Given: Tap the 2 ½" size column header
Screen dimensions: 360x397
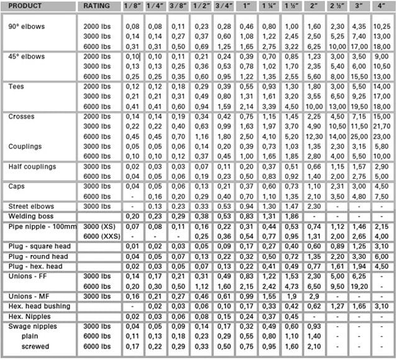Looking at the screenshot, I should click(337, 6).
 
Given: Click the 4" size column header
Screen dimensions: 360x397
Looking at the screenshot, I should click(381, 6).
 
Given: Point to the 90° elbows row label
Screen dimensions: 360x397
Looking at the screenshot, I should click(27, 27).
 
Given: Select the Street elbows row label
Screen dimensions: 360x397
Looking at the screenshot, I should click(31, 206).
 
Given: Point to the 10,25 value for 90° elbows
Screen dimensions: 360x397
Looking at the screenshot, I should click(381, 27).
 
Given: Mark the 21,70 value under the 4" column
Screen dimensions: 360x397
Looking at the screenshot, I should click(381, 127).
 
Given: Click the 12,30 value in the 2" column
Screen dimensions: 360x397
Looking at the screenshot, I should click(314, 137).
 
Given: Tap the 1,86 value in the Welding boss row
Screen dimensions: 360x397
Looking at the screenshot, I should click(291, 216).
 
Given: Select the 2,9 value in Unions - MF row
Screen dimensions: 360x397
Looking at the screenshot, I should click(314, 297).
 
